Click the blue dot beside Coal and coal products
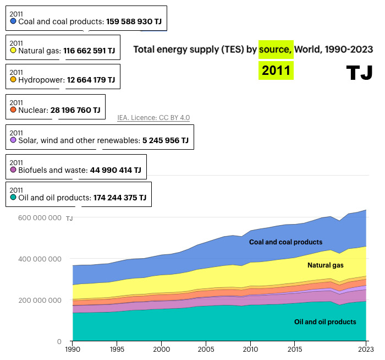(14, 21)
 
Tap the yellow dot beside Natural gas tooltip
(14, 51)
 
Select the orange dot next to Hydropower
(14, 80)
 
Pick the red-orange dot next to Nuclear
(14, 110)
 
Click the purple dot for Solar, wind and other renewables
(14, 140)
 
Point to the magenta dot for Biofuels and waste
(14, 170)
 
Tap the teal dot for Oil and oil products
(14, 198)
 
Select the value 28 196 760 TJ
(75, 110)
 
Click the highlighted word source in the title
(276, 50)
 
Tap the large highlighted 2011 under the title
(276, 70)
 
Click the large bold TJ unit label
(360, 73)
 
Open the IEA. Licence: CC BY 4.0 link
(153, 118)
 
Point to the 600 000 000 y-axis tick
(40, 218)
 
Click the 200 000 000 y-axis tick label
(40, 301)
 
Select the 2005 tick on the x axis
(206, 350)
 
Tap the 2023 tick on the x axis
(365, 350)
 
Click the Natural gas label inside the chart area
(325, 265)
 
